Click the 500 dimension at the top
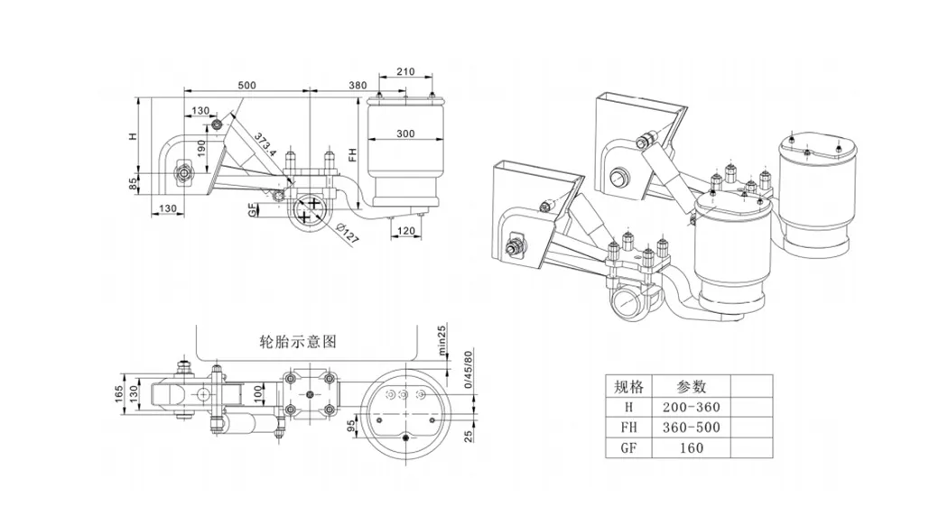tap(246, 85)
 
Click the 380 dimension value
tap(358, 85)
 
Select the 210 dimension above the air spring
tap(405, 71)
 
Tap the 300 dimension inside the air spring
tap(405, 134)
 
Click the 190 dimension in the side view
tap(201, 146)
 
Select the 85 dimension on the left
tap(133, 184)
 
